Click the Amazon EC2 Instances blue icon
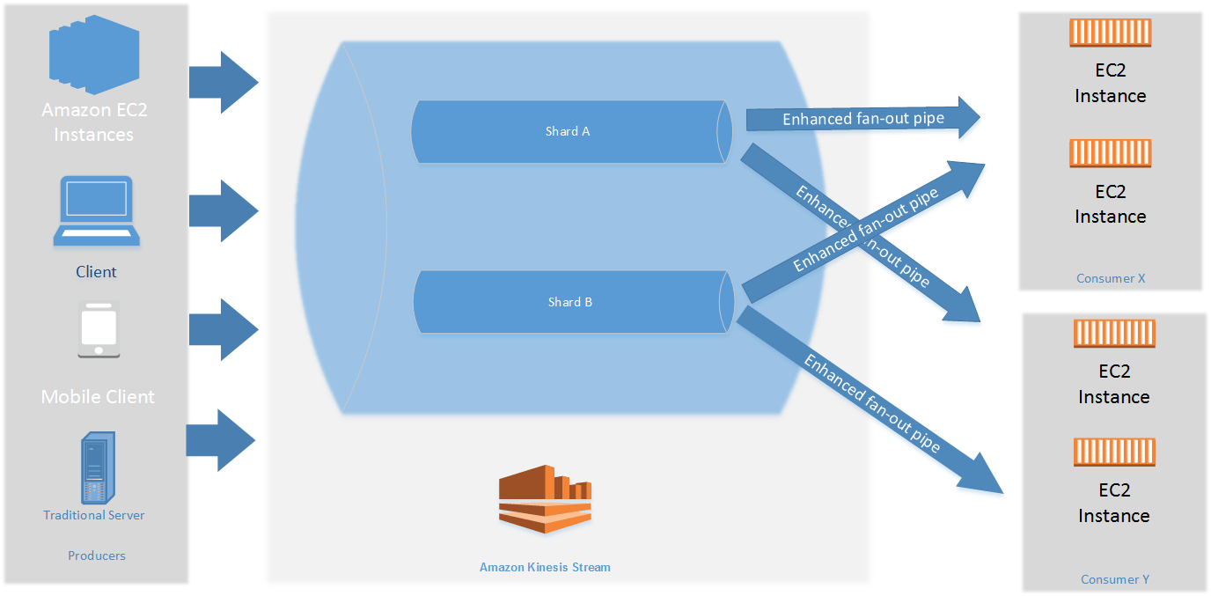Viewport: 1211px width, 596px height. pyautogui.click(x=93, y=55)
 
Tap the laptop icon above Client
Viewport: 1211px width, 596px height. pyautogui.click(x=96, y=210)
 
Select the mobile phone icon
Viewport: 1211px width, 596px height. pyautogui.click(x=98, y=329)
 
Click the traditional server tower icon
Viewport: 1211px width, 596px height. pyautogui.click(x=95, y=467)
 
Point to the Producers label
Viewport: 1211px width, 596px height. pyautogui.click(x=97, y=556)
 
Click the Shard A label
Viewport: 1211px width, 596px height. pyautogui.click(x=568, y=131)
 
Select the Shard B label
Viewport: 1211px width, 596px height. pyautogui.click(x=569, y=302)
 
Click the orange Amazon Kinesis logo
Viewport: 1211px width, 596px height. pyautogui.click(x=545, y=499)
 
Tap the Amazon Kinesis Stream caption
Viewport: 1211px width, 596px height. pyautogui.click(x=545, y=567)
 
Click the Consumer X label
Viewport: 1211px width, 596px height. pyautogui.click(x=1111, y=278)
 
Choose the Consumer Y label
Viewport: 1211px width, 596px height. pyautogui.click(x=1115, y=579)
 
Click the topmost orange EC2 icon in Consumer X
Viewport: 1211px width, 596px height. pyautogui.click(x=1111, y=33)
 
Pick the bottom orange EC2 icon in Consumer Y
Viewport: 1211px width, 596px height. pyautogui.click(x=1114, y=452)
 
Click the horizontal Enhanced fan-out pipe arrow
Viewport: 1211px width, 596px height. pyautogui.click(x=862, y=118)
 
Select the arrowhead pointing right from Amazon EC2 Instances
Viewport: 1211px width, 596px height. pyautogui.click(x=238, y=83)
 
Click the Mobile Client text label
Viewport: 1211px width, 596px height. pyautogui.click(x=98, y=397)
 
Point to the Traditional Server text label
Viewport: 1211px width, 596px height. pyautogui.click(x=94, y=515)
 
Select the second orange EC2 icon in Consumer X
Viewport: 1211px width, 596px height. pyautogui.click(x=1111, y=154)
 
